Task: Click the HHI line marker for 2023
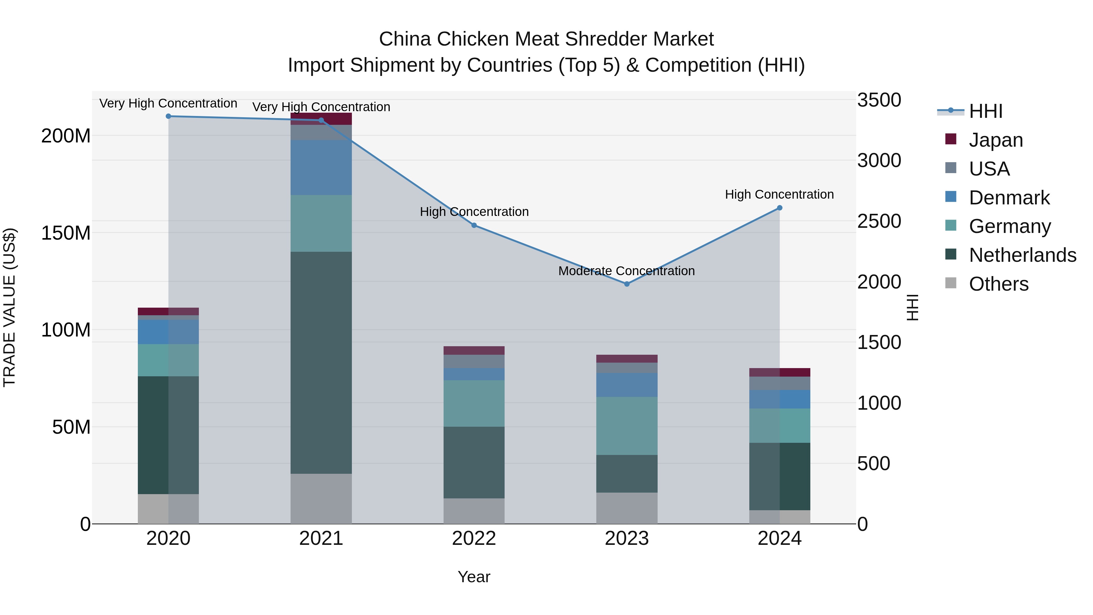pyautogui.click(x=627, y=284)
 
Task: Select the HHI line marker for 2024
pyautogui.click(x=779, y=208)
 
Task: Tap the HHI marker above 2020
pyautogui.click(x=169, y=116)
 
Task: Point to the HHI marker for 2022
pyautogui.click(x=474, y=225)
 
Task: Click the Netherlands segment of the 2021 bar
pyautogui.click(x=321, y=363)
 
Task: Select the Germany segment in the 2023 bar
pyautogui.click(x=627, y=426)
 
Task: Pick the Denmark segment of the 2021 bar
pyautogui.click(x=321, y=168)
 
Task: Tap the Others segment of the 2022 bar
pyautogui.click(x=474, y=511)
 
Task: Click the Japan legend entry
pyautogui.click(x=996, y=140)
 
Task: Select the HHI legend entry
pyautogui.click(x=985, y=111)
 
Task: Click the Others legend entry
pyautogui.click(x=998, y=284)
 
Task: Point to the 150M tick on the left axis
pyautogui.click(x=66, y=233)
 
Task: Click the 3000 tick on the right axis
pyautogui.click(x=879, y=160)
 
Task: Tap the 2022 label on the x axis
pyautogui.click(x=474, y=538)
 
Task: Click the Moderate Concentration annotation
pyautogui.click(x=626, y=271)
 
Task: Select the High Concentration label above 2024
pyautogui.click(x=779, y=194)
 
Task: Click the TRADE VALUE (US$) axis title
pyautogui.click(x=9, y=307)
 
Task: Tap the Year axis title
pyautogui.click(x=474, y=577)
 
